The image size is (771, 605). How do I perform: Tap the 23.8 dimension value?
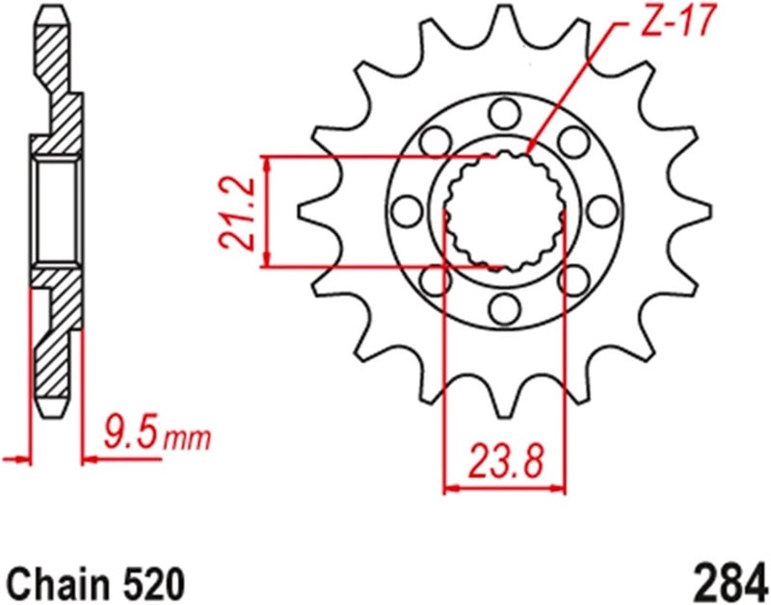tap(503, 461)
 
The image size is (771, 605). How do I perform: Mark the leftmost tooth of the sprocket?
tap(310, 208)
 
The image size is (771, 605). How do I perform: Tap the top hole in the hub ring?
tap(502, 115)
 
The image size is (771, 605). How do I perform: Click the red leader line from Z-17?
tap(578, 87)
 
